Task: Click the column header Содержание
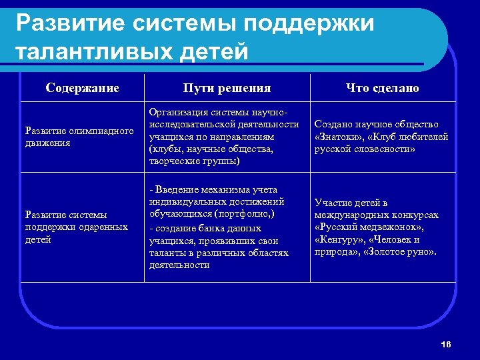coord(83,88)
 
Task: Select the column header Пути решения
coord(227,88)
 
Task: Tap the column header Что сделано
coord(382,88)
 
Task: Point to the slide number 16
coord(446,344)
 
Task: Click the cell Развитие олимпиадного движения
coord(79,136)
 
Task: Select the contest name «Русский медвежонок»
coord(374,227)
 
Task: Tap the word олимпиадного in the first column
coord(99,130)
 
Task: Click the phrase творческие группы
coord(193,161)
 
